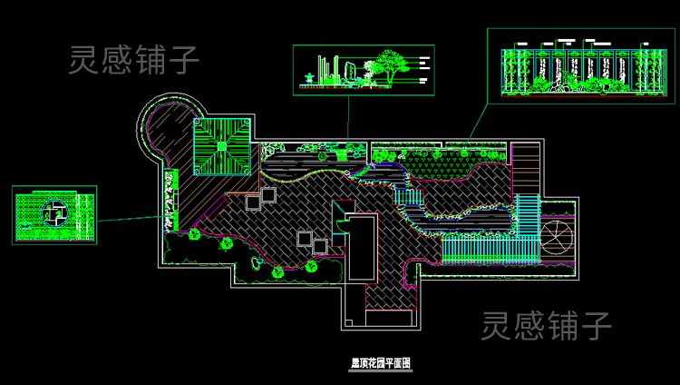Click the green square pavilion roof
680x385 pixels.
coord(221,145)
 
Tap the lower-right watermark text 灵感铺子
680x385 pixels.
coord(546,325)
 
